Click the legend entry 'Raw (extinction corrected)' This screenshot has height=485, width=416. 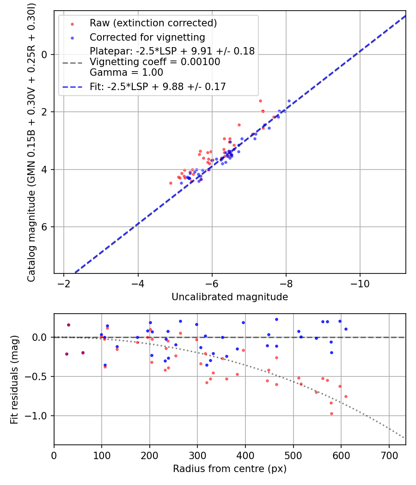[153, 23]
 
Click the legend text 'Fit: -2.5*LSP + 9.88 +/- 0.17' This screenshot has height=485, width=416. [158, 86]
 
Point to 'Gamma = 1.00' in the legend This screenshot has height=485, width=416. [126, 72]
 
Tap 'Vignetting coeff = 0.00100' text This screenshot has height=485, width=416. [155, 62]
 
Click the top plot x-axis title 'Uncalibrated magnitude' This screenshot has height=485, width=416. [230, 297]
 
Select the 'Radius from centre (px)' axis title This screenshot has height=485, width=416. [230, 469]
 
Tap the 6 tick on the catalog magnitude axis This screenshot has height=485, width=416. [45, 227]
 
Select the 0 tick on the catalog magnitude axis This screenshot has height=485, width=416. [45, 55]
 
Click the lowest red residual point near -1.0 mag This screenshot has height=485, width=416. [331, 413]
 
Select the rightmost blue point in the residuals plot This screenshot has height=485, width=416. [346, 329]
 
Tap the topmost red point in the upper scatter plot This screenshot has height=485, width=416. [260, 101]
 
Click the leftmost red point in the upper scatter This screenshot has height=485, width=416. [171, 183]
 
